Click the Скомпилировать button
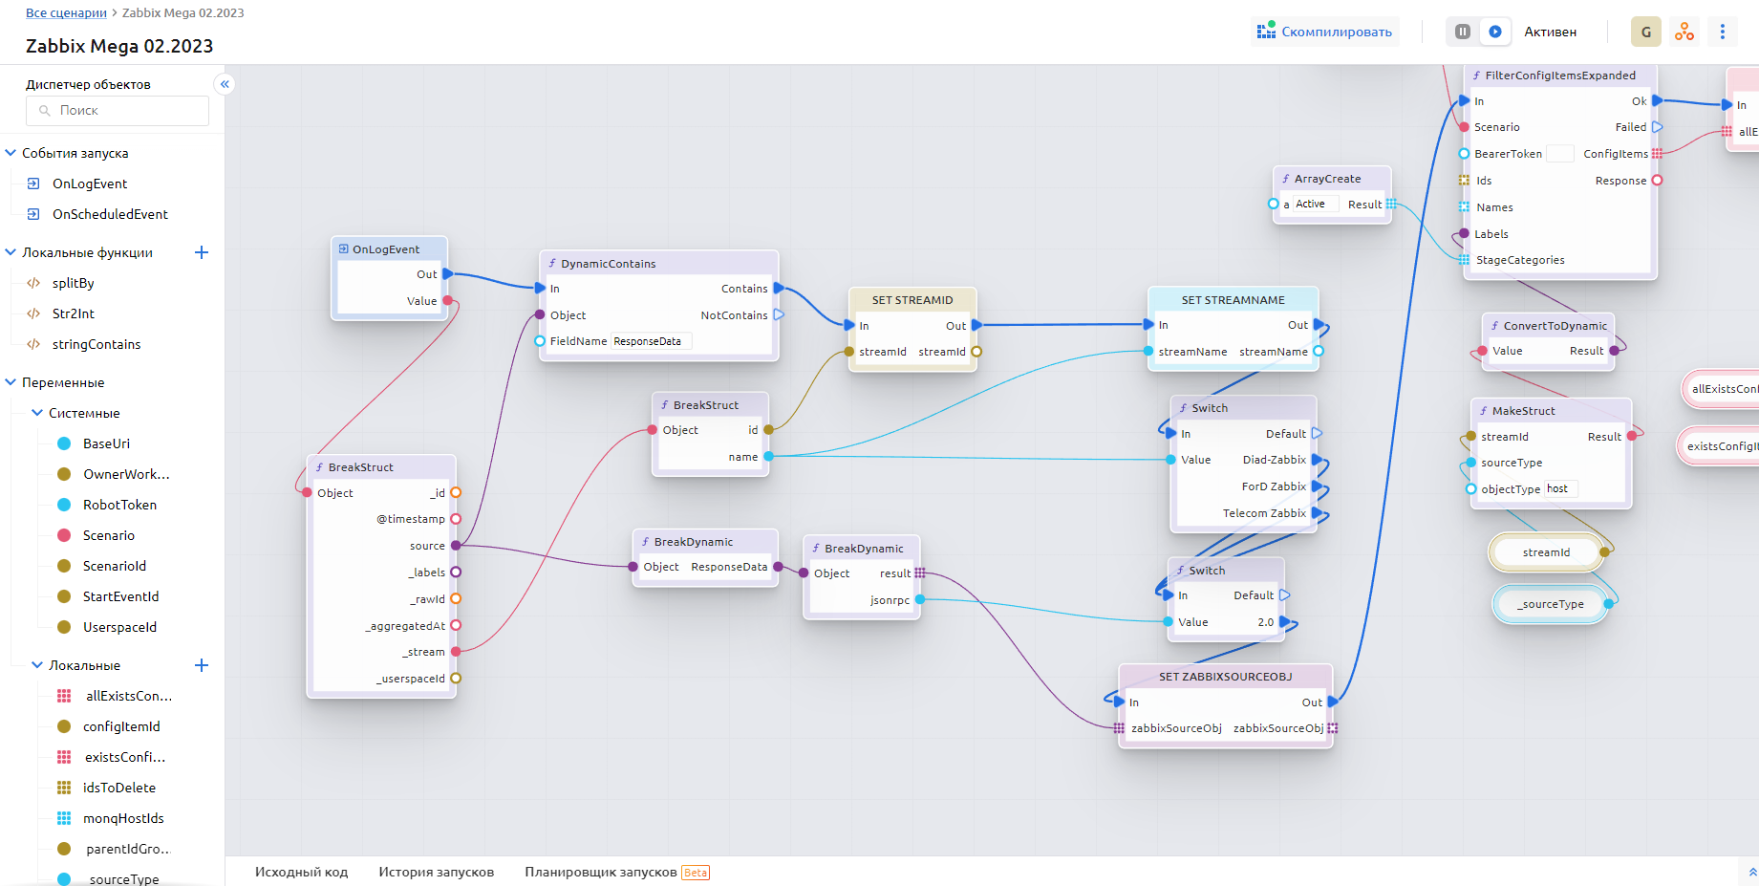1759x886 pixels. (1325, 32)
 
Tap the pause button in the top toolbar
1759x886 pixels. (1462, 32)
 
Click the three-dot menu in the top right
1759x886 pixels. (1722, 32)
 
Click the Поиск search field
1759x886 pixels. (118, 111)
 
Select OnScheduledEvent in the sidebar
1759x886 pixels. (110, 214)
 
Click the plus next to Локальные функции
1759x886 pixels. (202, 252)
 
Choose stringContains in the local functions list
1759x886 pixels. (96, 344)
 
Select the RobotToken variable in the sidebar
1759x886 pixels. (119, 505)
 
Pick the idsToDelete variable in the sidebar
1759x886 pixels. (118, 788)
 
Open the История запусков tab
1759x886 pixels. (436, 872)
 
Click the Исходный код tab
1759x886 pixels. (301, 872)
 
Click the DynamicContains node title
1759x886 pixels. (608, 264)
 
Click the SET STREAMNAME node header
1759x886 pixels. (1233, 300)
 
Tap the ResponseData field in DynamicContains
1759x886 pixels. (649, 341)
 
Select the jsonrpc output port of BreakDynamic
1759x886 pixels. (919, 600)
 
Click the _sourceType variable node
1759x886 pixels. (1550, 604)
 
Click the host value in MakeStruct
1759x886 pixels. (1558, 488)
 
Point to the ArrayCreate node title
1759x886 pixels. (1327, 179)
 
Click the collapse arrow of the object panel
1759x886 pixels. (225, 84)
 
